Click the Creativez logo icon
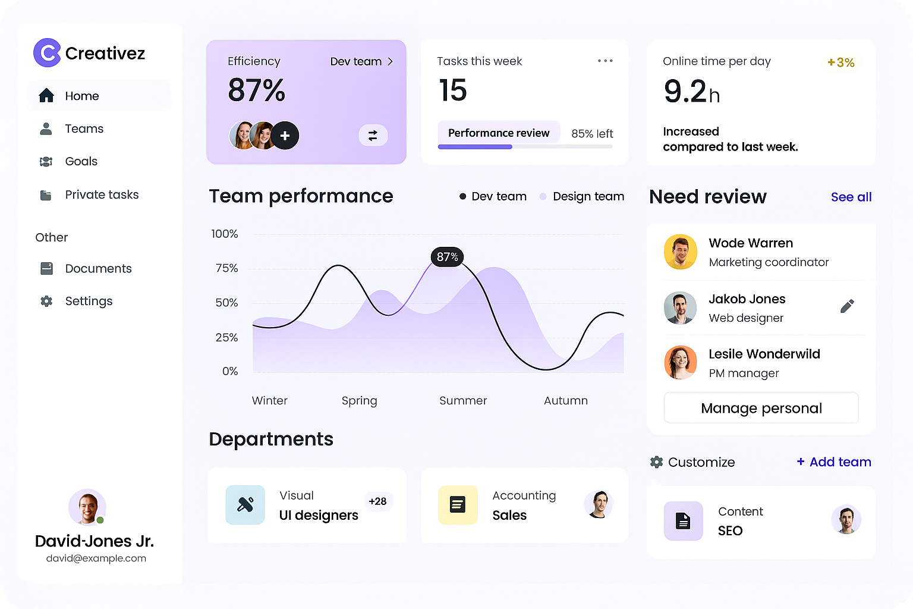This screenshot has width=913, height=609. pos(47,53)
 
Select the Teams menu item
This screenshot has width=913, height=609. pos(84,128)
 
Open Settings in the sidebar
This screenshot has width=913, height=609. pos(89,301)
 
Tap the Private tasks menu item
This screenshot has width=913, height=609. pos(102,194)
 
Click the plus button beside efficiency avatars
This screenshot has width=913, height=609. pos(285,136)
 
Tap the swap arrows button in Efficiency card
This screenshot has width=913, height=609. pos(373,136)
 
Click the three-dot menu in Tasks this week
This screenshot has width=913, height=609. pos(605,61)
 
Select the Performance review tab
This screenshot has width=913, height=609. pos(499,133)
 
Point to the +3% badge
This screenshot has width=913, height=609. pos(840,62)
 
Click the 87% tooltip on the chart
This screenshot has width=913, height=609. pos(447,257)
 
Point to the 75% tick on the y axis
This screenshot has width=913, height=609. pos(226,268)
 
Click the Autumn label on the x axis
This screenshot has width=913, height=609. pos(565,400)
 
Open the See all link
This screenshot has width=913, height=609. pos(851,197)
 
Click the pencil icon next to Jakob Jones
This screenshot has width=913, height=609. pos(847,306)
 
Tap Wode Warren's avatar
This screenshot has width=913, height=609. pos(680,252)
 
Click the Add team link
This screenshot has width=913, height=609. pos(834,462)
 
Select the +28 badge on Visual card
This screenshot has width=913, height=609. pos(377,501)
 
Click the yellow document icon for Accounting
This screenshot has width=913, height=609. pos(458,505)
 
